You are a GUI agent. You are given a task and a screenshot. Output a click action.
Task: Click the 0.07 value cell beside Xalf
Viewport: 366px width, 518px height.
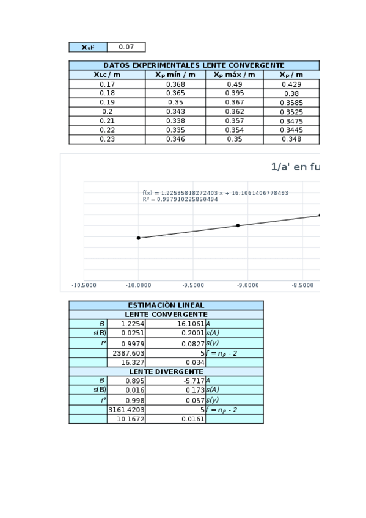click(x=126, y=47)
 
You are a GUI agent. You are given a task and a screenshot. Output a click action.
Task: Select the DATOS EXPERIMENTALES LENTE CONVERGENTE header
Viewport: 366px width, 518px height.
click(x=194, y=65)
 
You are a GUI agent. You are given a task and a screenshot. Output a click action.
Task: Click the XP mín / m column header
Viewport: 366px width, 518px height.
click(x=175, y=75)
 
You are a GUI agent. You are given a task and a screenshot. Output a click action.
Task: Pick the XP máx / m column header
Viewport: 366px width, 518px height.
click(x=235, y=75)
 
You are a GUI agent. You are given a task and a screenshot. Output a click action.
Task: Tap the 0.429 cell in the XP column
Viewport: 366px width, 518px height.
click(x=291, y=84)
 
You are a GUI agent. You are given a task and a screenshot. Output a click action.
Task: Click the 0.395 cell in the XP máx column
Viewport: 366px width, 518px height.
click(x=235, y=93)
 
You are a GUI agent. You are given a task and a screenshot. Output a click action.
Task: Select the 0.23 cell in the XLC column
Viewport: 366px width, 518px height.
click(x=107, y=139)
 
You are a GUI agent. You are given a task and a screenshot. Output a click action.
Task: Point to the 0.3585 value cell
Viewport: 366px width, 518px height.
click(x=291, y=103)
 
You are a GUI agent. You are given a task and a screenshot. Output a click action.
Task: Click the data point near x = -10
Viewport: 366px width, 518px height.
click(x=139, y=238)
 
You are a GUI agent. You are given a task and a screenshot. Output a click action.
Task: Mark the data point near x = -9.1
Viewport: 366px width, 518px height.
click(x=238, y=225)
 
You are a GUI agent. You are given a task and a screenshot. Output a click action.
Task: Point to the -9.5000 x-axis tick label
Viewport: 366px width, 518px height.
click(x=193, y=285)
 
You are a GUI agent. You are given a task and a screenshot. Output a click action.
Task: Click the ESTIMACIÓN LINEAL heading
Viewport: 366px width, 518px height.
click(x=166, y=305)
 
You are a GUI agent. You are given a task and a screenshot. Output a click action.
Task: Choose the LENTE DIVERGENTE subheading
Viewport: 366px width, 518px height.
click(x=166, y=371)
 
